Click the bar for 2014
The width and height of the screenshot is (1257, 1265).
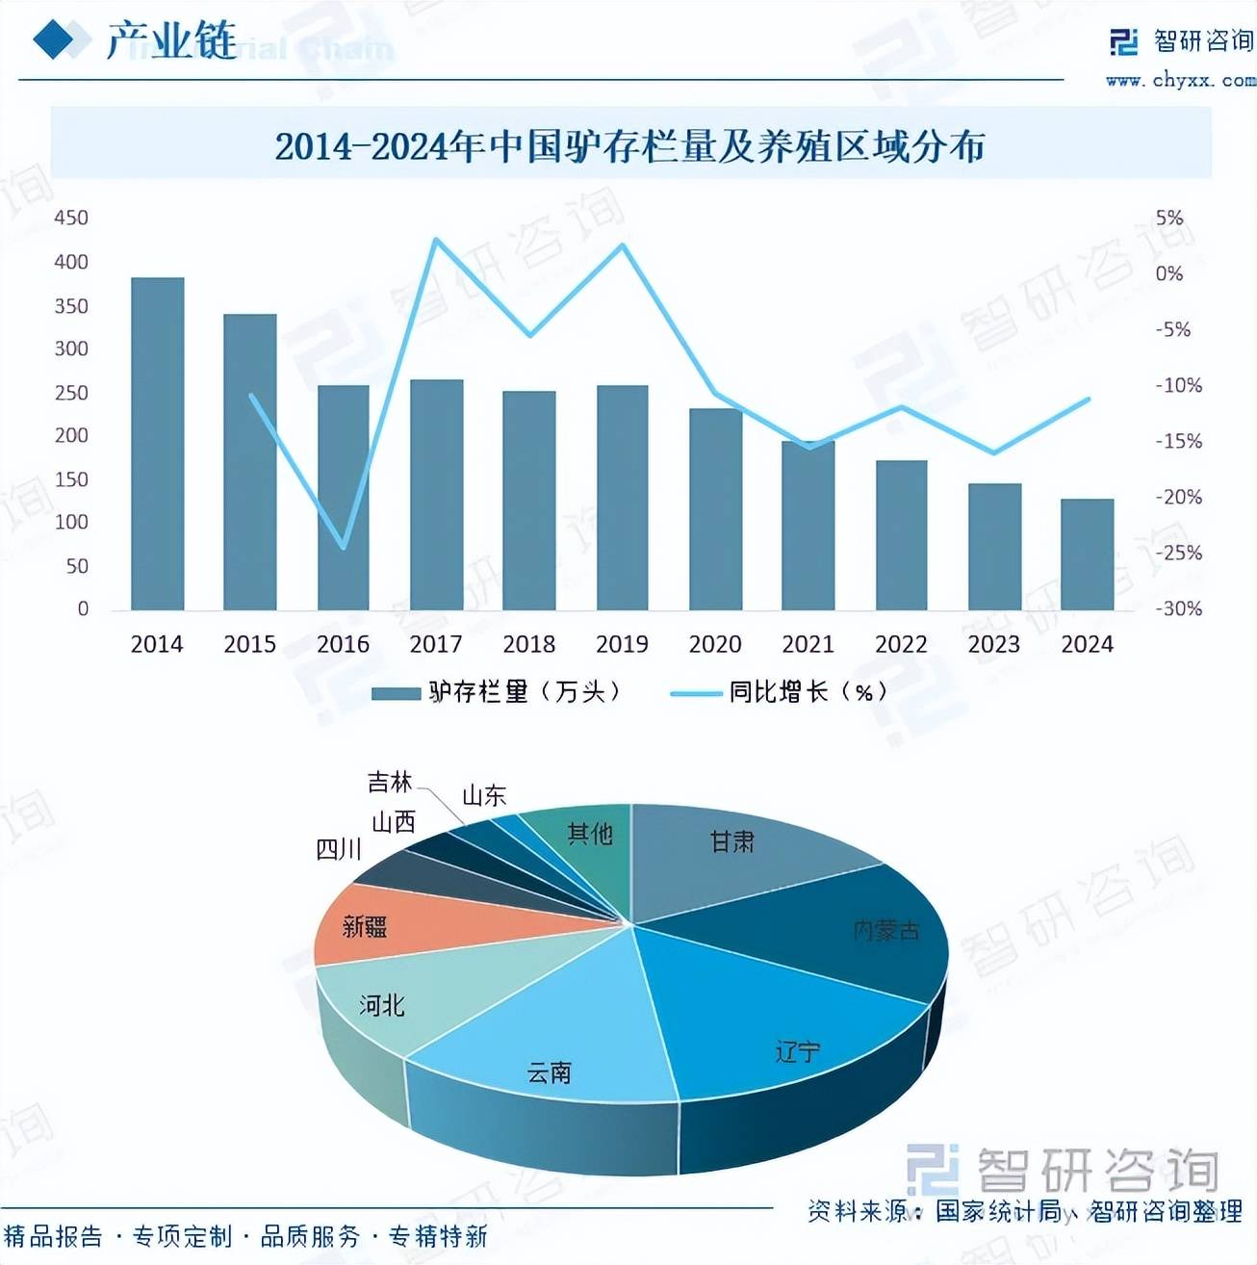(157, 443)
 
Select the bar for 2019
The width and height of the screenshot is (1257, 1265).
(622, 497)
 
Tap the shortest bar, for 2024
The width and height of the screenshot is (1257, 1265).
(1087, 554)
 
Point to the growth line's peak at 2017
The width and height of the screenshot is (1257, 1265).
(436, 239)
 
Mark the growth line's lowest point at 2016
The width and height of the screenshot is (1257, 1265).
(344, 548)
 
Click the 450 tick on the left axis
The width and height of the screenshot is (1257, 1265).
(71, 219)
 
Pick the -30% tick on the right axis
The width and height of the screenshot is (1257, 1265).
(1179, 608)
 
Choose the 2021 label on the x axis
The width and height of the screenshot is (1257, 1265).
(808, 644)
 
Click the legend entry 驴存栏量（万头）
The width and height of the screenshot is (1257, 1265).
(497, 692)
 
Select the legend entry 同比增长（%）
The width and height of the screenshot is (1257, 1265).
(780, 692)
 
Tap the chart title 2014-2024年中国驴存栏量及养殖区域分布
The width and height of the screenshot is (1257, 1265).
(629, 146)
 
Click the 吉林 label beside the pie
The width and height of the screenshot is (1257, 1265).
(390, 783)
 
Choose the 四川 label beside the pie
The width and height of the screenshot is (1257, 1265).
(339, 849)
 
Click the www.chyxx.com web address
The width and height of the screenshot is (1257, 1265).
(1179, 81)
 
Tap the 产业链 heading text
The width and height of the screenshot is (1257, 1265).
(170, 40)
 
